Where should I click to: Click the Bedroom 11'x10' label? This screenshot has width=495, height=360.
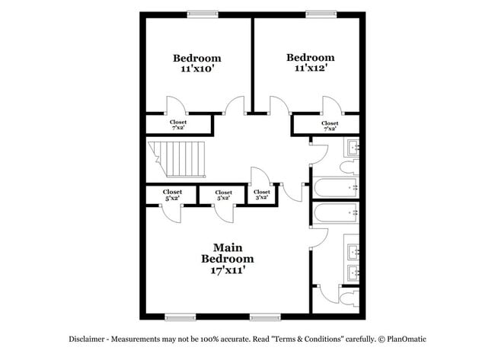196,64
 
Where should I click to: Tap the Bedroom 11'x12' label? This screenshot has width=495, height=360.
310,63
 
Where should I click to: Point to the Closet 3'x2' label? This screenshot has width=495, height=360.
261,195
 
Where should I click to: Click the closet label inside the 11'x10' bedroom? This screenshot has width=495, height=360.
178,125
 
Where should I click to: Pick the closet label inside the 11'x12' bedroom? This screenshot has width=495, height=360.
330,126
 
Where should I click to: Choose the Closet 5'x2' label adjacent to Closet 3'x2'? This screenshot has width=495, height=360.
223,196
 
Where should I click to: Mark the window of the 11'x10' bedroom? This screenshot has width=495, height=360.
202,12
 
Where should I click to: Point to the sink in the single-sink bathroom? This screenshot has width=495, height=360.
353,147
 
